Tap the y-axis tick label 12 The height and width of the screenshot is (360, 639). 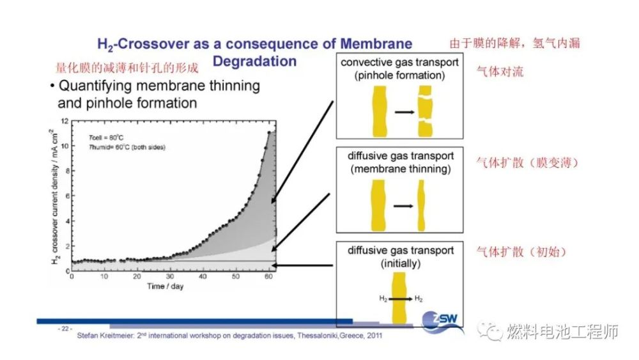(64, 120)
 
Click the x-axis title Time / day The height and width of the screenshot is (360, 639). (165, 286)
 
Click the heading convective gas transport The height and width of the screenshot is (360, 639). (399, 63)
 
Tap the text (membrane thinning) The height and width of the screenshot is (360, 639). (399, 169)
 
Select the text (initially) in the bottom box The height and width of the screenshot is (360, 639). (400, 263)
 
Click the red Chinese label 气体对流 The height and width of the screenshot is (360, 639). (500, 72)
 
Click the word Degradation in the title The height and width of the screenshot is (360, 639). (254, 61)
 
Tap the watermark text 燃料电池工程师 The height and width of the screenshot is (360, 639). (562, 332)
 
